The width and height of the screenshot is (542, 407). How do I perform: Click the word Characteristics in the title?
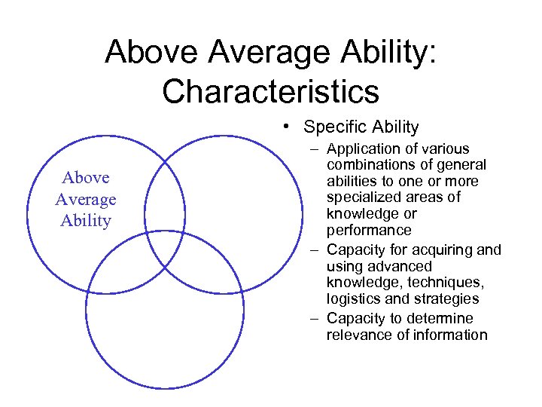(270, 91)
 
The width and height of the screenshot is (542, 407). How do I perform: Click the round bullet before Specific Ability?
(289, 127)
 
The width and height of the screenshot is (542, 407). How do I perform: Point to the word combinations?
(369, 165)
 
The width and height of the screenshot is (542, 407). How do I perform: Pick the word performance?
(369, 230)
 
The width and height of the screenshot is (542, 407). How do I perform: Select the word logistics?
(353, 298)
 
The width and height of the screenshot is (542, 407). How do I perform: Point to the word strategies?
(444, 298)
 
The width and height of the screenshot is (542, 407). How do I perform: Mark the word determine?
(443, 319)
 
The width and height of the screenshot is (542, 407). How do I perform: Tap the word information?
(449, 335)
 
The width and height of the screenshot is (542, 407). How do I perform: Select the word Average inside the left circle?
(86, 200)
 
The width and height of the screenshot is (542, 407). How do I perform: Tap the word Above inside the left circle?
(86, 178)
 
